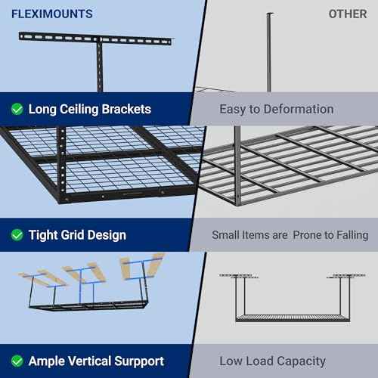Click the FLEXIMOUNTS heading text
(52, 14)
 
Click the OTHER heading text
(347, 14)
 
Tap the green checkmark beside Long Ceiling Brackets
(17, 109)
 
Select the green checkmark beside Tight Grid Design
(17, 235)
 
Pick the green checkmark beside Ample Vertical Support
(17, 361)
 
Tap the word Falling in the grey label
(348, 235)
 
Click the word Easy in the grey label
(233, 109)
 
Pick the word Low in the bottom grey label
(231, 361)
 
